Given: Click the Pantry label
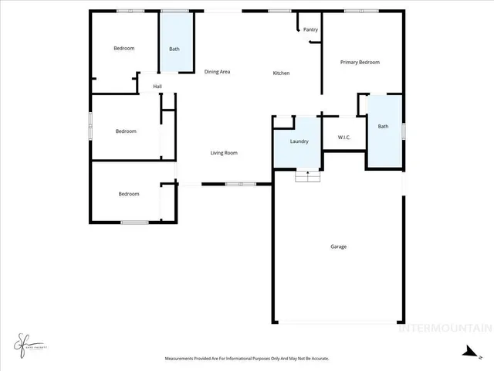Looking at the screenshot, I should [310, 29].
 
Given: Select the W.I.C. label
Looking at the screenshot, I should [344, 138].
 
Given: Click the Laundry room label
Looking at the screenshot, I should [299, 141].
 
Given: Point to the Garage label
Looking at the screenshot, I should [338, 247].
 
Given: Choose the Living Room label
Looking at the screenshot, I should [224, 153].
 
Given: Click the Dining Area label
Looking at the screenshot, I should [217, 72].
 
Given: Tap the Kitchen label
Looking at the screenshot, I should [281, 73].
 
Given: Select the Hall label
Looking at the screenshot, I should [157, 87].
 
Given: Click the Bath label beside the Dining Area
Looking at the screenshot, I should [174, 49].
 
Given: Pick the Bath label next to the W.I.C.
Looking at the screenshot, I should [383, 127].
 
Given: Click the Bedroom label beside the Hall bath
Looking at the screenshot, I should [123, 48].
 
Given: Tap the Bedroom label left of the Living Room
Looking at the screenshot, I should [126, 131].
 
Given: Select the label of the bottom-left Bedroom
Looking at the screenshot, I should [129, 194].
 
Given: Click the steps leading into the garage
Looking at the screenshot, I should [308, 176].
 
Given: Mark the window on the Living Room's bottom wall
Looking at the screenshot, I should [240, 184].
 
